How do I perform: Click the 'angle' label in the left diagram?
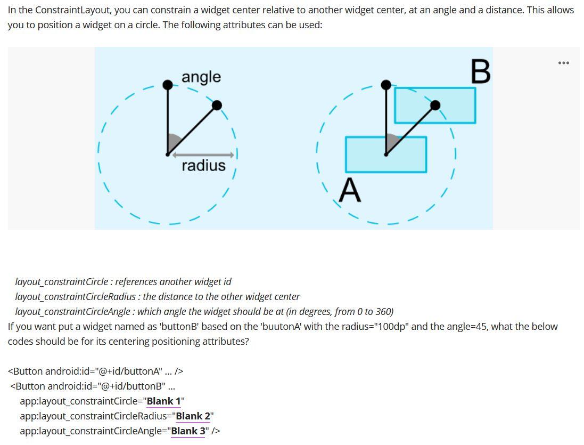click(201, 77)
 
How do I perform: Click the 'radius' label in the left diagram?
click(203, 166)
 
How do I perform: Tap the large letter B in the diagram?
click(480, 72)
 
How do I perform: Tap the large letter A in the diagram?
click(350, 190)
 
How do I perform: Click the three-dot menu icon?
click(563, 63)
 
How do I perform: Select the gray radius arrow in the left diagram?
click(203, 155)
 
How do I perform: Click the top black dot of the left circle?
click(168, 85)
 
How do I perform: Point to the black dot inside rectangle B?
click(435, 106)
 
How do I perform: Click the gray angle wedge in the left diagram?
click(173, 143)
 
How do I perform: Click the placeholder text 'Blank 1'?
click(163, 401)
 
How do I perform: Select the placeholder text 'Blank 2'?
click(193, 416)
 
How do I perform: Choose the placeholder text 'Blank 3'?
click(188, 431)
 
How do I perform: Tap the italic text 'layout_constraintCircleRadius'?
click(75, 297)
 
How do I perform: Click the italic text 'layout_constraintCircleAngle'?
click(72, 312)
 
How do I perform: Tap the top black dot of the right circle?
click(386, 85)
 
